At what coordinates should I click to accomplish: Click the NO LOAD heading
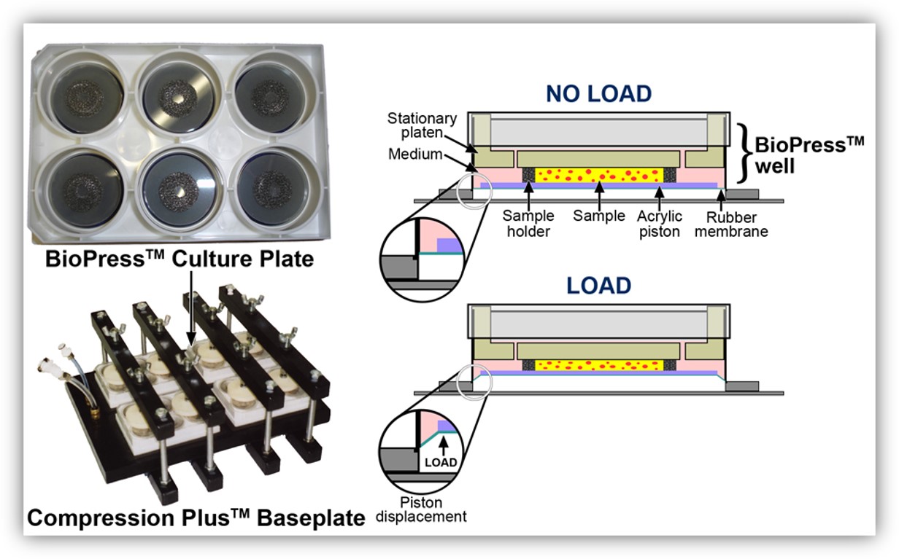[598, 94]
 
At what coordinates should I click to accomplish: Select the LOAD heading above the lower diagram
[599, 286]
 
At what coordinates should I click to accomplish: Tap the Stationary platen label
[422, 125]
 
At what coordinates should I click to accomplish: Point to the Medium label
[415, 154]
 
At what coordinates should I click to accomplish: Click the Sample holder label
[528, 224]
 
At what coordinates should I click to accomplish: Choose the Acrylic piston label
[660, 224]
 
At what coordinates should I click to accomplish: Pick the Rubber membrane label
[731, 224]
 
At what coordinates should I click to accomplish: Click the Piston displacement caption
[421, 509]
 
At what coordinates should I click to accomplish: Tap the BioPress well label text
[809, 155]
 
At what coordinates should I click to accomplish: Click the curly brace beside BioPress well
[745, 153]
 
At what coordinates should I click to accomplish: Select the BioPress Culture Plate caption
[180, 259]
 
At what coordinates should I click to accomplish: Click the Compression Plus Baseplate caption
[196, 517]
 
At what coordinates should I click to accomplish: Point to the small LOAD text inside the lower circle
[441, 462]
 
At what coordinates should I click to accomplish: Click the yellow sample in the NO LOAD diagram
[599, 175]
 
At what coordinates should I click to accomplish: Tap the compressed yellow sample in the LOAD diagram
[599, 365]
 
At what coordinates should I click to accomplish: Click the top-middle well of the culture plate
[178, 95]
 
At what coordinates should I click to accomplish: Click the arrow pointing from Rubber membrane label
[721, 200]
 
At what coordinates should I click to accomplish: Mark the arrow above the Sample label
[599, 195]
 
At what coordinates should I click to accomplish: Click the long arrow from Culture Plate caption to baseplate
[191, 308]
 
